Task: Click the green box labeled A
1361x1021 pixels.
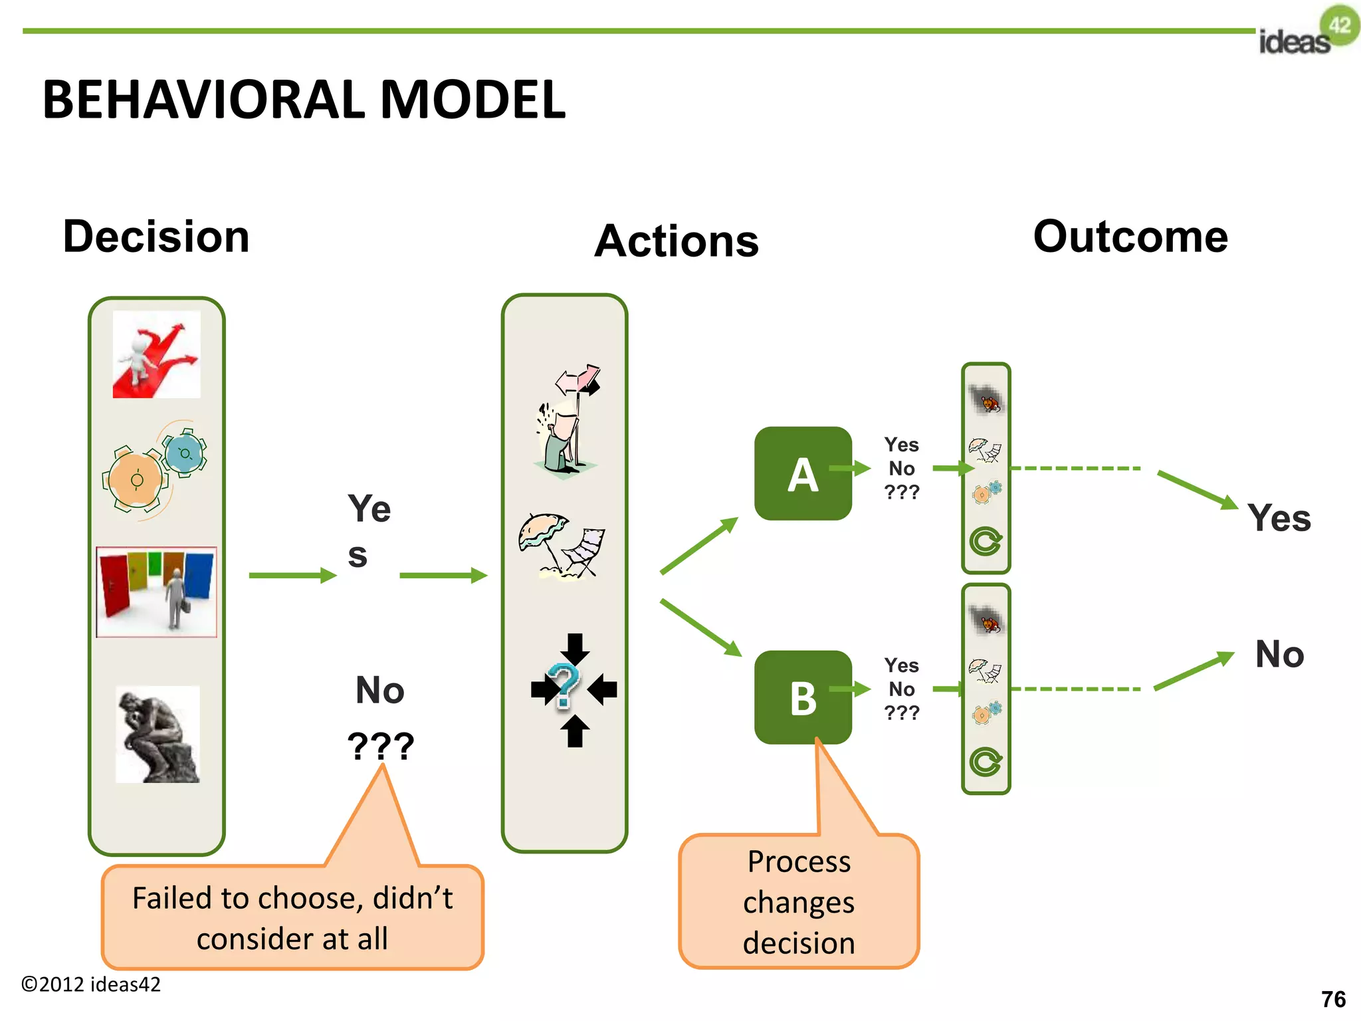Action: pyautogui.click(x=803, y=474)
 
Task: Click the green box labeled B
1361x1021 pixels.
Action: pyautogui.click(x=803, y=697)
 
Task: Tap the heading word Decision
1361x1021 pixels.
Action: pyautogui.click(x=156, y=237)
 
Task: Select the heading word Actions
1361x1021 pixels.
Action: pyautogui.click(x=677, y=241)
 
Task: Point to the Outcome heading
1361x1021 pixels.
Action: pyautogui.click(x=1130, y=237)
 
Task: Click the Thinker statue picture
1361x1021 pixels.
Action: pyautogui.click(x=157, y=735)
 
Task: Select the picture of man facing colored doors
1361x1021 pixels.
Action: pyautogui.click(x=157, y=592)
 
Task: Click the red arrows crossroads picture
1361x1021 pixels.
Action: pyautogui.click(x=157, y=355)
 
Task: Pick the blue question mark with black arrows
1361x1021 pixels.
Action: pyautogui.click(x=574, y=690)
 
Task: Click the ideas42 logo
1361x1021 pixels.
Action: pyautogui.click(x=1308, y=33)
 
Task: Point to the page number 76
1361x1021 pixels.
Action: pyautogui.click(x=1333, y=999)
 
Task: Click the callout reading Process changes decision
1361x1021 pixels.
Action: pyautogui.click(x=799, y=901)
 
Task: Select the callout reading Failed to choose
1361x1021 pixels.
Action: pyautogui.click(x=292, y=917)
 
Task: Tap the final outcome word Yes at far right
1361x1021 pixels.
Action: pyautogui.click(x=1279, y=518)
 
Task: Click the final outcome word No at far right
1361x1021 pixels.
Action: pyautogui.click(x=1279, y=654)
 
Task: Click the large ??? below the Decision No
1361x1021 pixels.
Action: pyautogui.click(x=381, y=746)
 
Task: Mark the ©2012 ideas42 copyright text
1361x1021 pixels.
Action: pyautogui.click(x=91, y=984)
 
